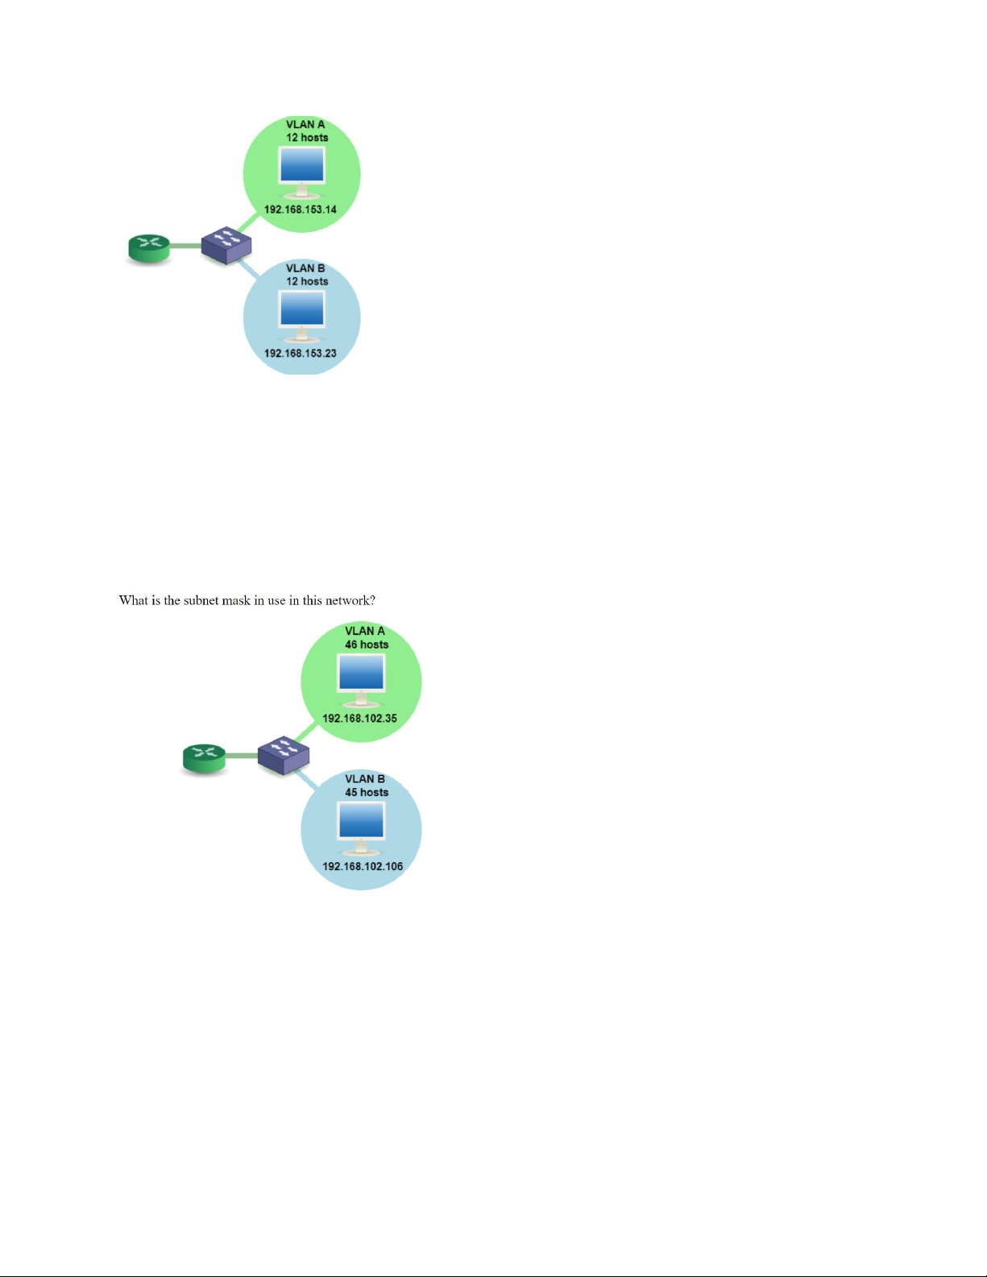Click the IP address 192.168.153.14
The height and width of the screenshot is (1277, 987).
(301, 209)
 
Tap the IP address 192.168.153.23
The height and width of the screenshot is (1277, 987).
(301, 353)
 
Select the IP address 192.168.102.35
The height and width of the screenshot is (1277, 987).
(359, 719)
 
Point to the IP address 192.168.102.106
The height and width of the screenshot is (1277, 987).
(363, 866)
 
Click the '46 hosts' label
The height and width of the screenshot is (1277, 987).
(367, 645)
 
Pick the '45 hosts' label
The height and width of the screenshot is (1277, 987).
(367, 792)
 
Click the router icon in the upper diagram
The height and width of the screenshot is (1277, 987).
(149, 249)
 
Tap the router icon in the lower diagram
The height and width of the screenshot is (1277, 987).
(204, 758)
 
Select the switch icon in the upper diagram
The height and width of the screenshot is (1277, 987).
(226, 244)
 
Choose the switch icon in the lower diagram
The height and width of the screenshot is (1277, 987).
(284, 755)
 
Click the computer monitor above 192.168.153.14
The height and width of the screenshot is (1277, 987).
(302, 172)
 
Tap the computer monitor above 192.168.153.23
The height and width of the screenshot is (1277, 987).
(302, 317)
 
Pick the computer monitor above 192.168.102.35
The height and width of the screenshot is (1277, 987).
(361, 681)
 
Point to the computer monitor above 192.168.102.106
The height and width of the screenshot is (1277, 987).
(361, 828)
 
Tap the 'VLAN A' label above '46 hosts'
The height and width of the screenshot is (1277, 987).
(365, 631)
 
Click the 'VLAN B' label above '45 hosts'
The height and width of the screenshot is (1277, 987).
(365, 778)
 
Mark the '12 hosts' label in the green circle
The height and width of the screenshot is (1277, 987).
(307, 138)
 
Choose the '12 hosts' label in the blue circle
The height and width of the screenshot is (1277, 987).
(307, 281)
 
